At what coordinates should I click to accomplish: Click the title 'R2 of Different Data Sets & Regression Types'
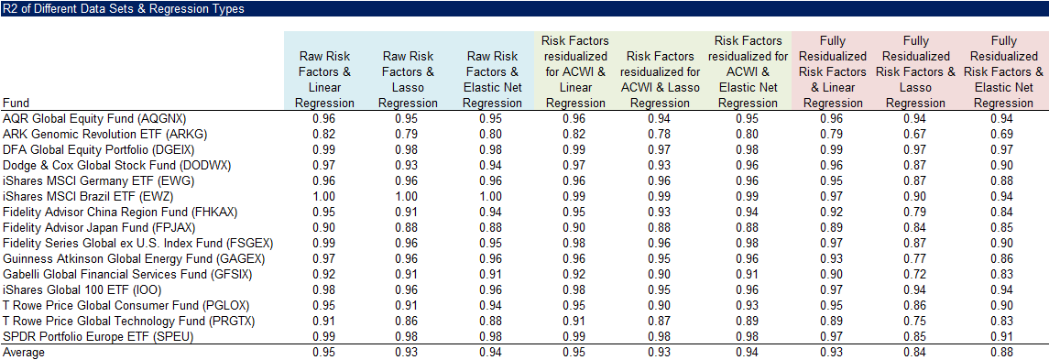point(123,8)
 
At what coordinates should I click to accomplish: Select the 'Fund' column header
point(17,104)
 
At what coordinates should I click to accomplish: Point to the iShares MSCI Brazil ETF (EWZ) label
point(88,197)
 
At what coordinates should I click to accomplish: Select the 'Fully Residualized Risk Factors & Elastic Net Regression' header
point(1003,72)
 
